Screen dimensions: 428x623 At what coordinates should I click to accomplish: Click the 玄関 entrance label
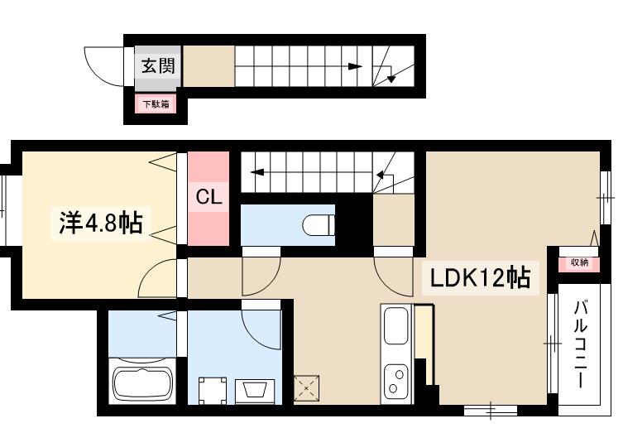(156, 65)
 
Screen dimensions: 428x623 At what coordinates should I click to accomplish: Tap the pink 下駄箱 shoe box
(156, 104)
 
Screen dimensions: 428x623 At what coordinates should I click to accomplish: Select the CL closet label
(208, 198)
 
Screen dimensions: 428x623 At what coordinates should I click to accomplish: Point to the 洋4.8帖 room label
(99, 223)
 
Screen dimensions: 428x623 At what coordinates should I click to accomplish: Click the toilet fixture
(318, 224)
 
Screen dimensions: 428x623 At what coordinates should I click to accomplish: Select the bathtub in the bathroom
(141, 382)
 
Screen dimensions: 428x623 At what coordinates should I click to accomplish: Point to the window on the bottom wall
(491, 409)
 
